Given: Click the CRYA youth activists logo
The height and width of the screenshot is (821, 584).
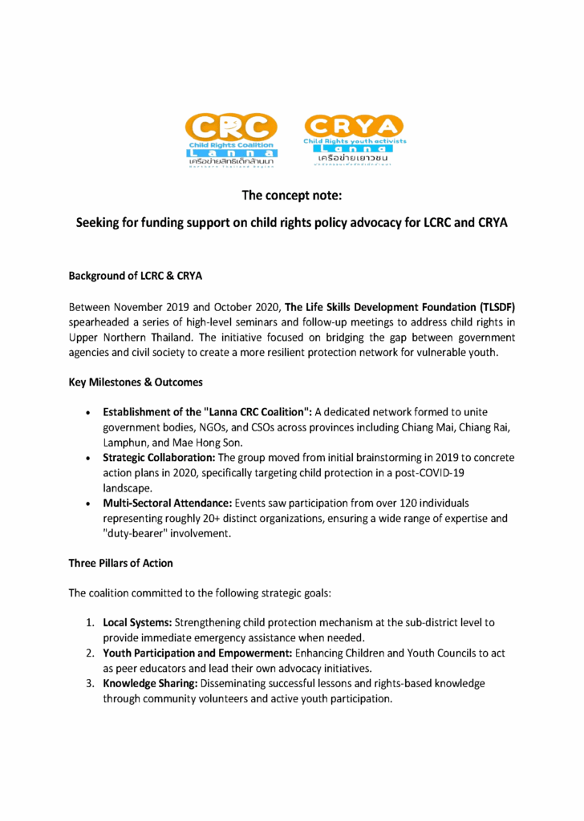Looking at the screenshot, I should click(x=354, y=139).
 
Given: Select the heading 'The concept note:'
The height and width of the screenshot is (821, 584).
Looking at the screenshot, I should click(x=291, y=193).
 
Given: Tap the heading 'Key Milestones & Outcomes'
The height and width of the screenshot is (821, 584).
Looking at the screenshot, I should click(x=135, y=382).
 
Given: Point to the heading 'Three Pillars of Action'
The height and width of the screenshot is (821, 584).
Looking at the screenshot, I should click(x=120, y=563).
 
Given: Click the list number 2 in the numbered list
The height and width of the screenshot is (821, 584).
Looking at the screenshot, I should click(x=91, y=653).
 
